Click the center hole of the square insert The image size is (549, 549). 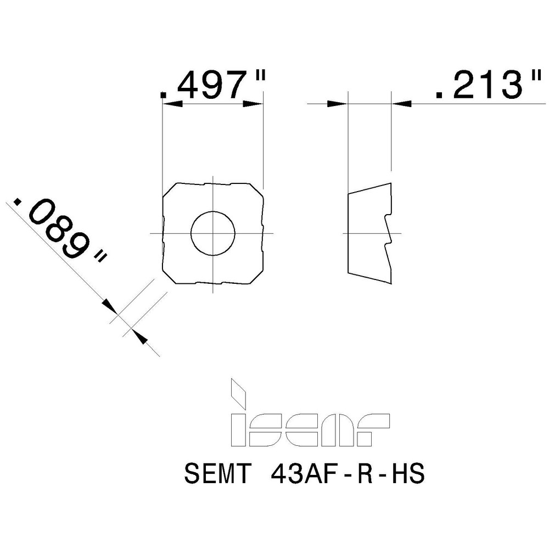(213, 233)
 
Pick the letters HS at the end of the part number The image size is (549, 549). (406, 474)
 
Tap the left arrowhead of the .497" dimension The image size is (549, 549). (168, 103)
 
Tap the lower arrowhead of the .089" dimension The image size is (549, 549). (138, 337)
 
